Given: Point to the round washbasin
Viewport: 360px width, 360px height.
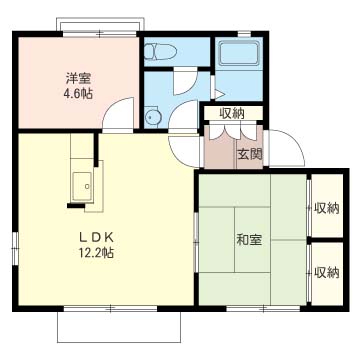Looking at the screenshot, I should coord(153,116).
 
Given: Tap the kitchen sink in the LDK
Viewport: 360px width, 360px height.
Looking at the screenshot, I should coord(83,183).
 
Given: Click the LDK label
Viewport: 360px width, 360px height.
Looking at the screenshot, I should coord(98,237).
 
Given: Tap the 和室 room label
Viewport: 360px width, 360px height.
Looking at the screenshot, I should coord(249,240).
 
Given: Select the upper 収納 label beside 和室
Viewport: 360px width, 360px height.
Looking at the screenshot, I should coord(326,208).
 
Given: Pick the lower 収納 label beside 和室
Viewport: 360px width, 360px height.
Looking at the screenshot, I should coord(326,271).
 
